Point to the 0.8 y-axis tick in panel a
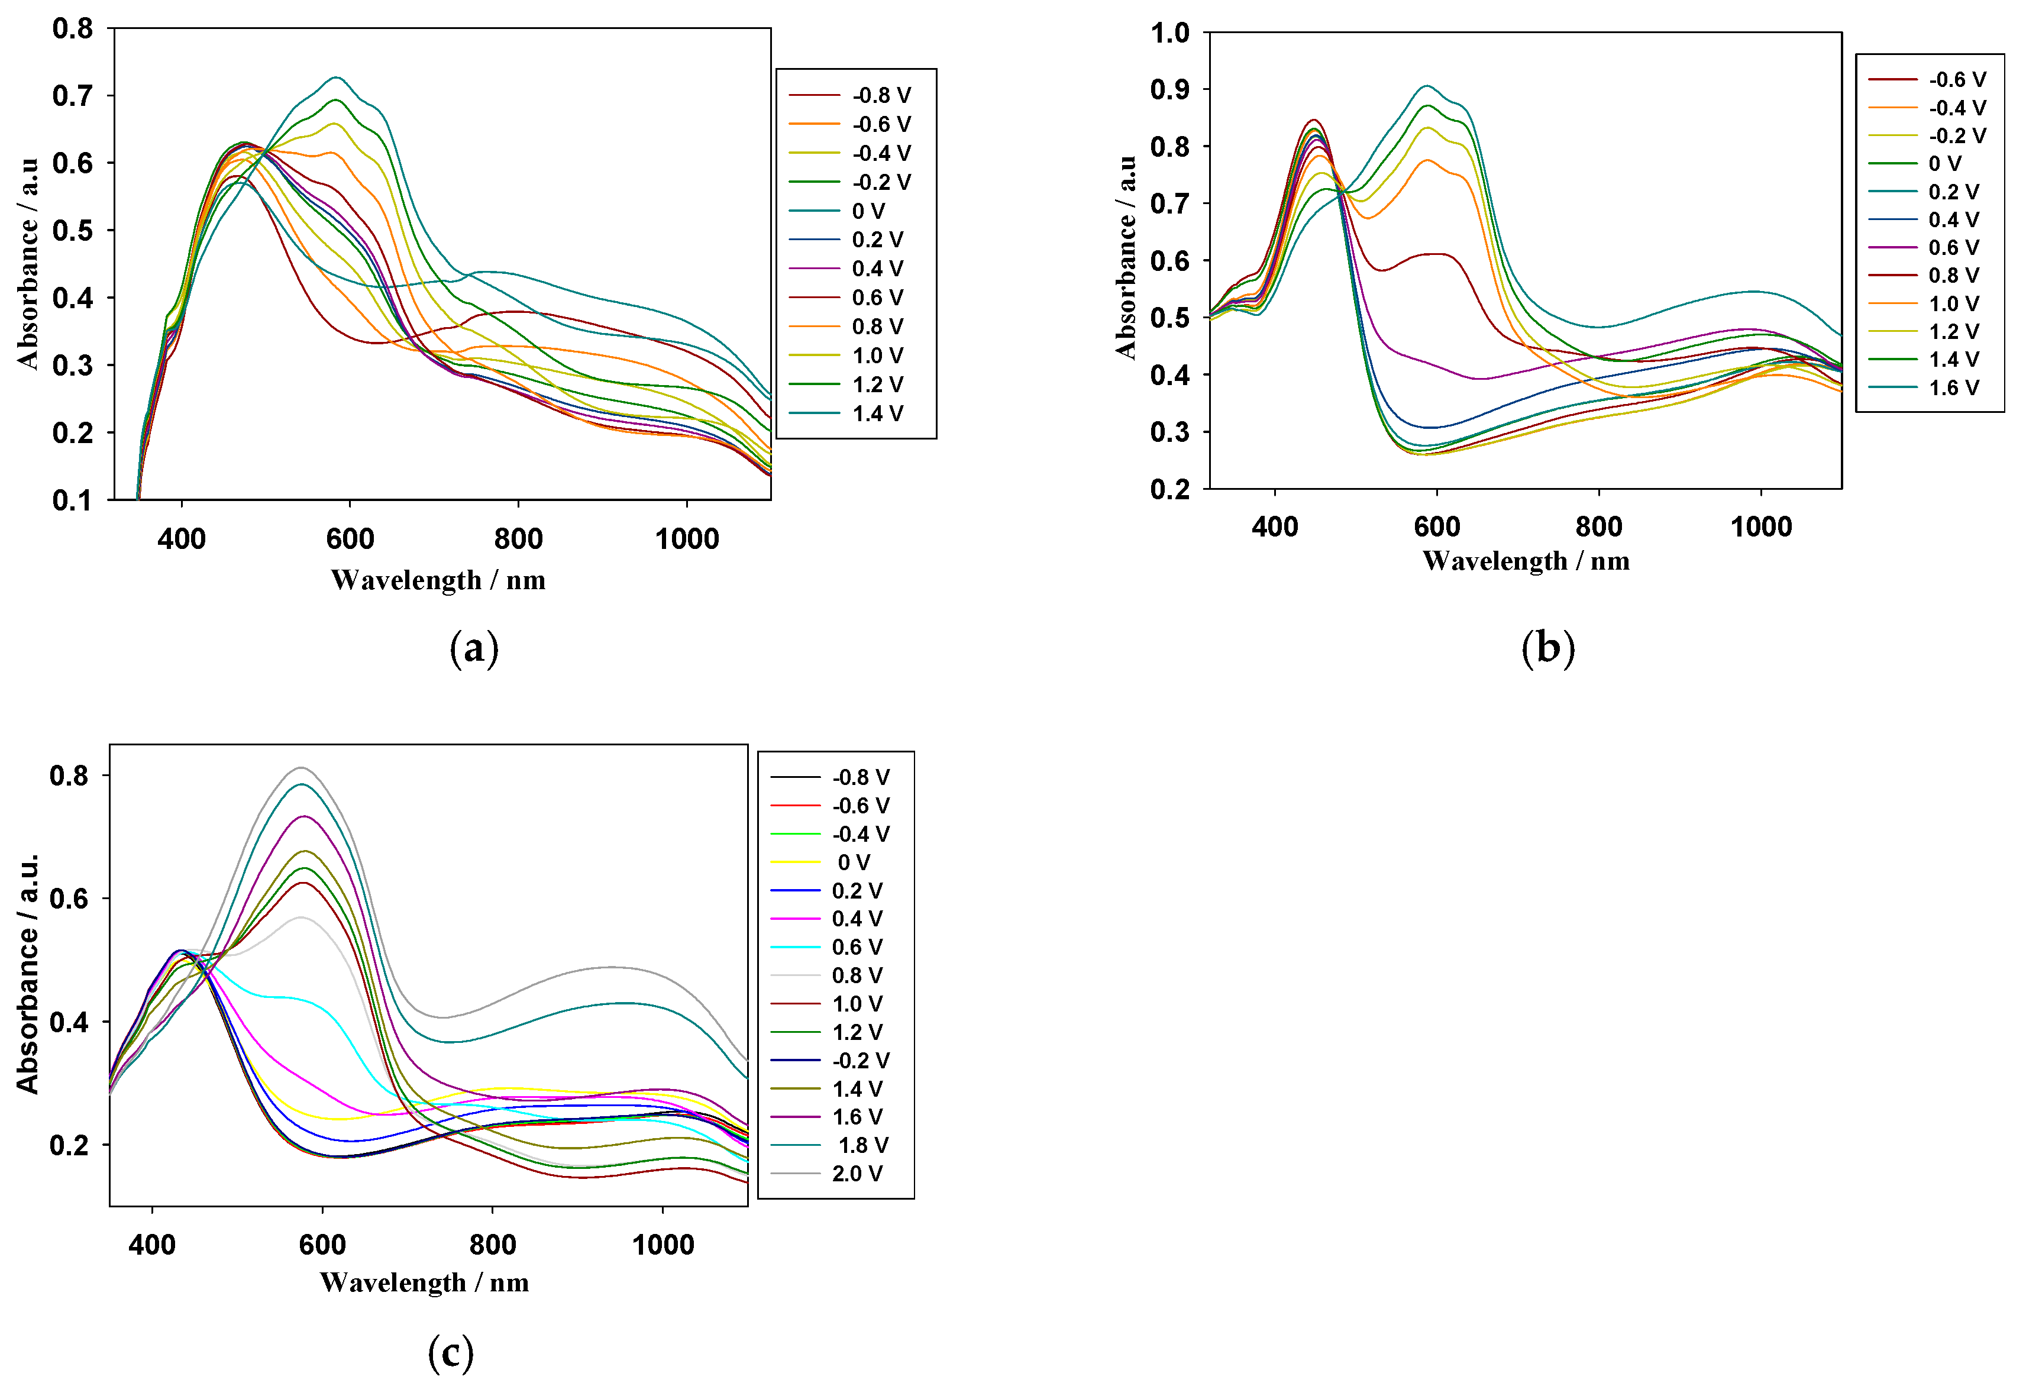[x=73, y=28]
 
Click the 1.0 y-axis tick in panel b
[x=1170, y=33]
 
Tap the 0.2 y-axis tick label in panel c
[x=69, y=1145]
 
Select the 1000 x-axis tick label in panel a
[x=686, y=538]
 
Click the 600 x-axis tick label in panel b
[x=1436, y=527]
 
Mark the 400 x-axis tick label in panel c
[x=153, y=1244]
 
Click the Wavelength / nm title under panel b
[x=1526, y=561]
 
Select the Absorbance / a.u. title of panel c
[x=28, y=973]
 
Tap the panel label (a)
[x=474, y=649]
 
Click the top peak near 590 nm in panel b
[x=1427, y=86]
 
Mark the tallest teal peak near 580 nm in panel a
[x=335, y=77]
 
